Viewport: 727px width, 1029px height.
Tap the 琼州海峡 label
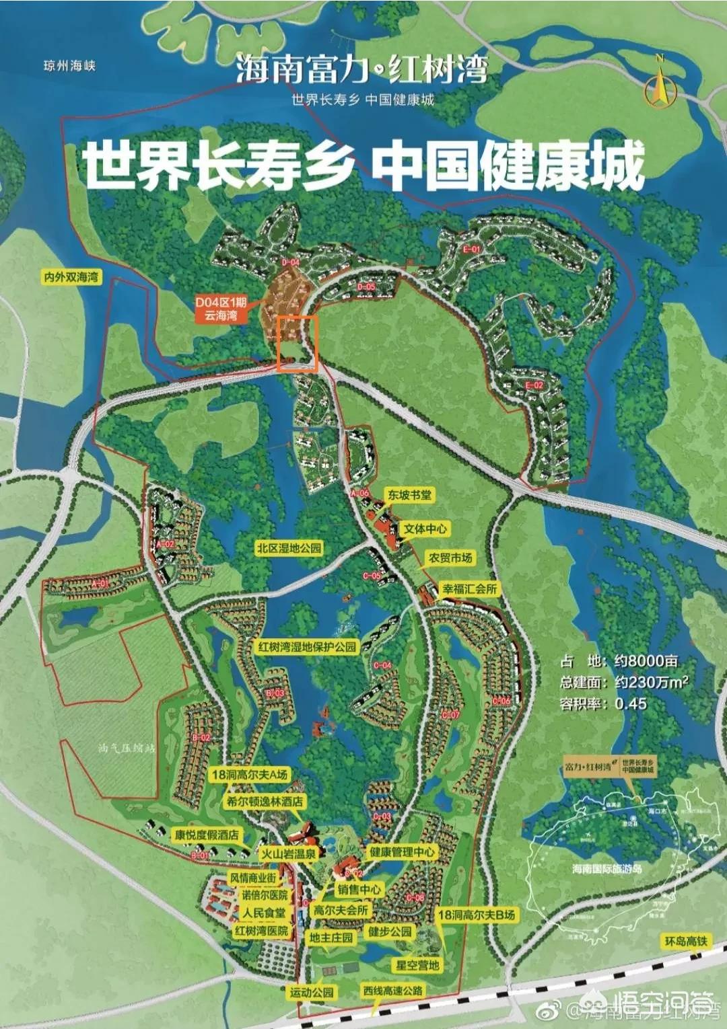pos(69,65)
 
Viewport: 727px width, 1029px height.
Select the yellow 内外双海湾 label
pos(71,277)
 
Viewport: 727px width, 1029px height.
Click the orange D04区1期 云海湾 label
pos(221,309)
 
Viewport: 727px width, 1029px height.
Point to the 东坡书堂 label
pos(409,496)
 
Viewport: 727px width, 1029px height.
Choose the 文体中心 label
pos(425,529)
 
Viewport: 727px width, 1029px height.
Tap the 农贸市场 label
pos(450,558)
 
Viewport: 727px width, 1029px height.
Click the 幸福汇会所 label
pos(469,589)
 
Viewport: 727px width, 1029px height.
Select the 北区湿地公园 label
pos(289,548)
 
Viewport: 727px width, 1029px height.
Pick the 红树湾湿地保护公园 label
pos(307,647)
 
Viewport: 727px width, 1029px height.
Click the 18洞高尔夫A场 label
pos(249,775)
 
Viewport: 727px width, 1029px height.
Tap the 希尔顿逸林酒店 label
pos(265,802)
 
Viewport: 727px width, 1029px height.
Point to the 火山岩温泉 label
pos(288,853)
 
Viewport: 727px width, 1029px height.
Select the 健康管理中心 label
pos(402,852)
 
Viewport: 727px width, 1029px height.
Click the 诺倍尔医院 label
pos(265,895)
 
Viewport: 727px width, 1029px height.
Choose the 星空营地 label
pos(417,965)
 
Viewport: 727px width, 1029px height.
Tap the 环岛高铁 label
pos(685,941)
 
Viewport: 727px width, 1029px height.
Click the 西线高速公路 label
pos(393,990)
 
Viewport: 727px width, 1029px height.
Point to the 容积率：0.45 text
pos(603,704)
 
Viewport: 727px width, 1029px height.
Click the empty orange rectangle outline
pos(297,343)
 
